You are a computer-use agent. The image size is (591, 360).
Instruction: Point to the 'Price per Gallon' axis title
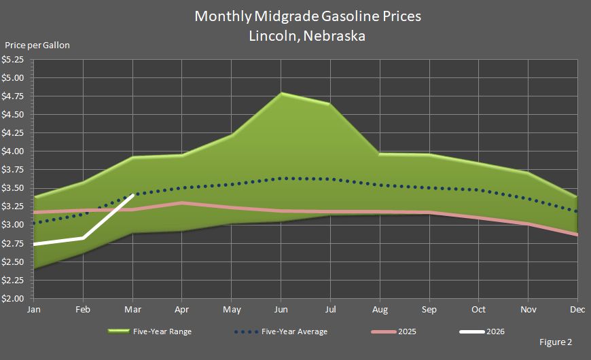pyautogui.click(x=37, y=46)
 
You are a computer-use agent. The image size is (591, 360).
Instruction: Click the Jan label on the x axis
pyautogui.click(x=34, y=309)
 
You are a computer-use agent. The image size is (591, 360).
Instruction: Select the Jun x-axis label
pyautogui.click(x=281, y=309)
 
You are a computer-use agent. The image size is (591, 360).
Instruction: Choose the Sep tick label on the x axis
pyautogui.click(x=429, y=309)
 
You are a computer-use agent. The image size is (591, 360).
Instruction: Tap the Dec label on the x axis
pyautogui.click(x=577, y=309)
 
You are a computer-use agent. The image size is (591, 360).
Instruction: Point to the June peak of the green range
pyautogui.click(x=281, y=93)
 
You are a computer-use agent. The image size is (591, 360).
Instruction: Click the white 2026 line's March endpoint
pyautogui.click(x=133, y=195)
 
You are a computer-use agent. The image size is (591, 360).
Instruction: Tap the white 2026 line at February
pyautogui.click(x=84, y=238)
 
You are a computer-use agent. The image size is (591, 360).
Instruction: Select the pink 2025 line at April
pyautogui.click(x=182, y=202)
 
